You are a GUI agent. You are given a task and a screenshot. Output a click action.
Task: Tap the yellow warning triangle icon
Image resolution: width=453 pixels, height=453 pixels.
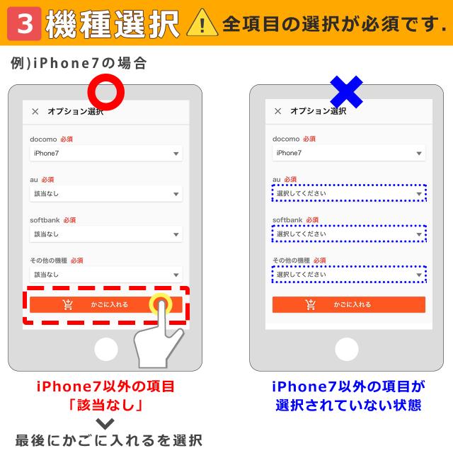(204, 24)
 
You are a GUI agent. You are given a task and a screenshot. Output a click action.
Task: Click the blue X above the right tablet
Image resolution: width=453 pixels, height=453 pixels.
(347, 93)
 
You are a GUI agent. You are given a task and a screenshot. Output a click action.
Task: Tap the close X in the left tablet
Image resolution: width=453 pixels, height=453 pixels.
(35, 111)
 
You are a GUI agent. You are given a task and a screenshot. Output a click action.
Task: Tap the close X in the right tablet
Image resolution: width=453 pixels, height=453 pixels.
(277, 111)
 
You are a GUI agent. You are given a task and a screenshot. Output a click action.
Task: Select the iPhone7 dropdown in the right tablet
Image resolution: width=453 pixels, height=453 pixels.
(349, 153)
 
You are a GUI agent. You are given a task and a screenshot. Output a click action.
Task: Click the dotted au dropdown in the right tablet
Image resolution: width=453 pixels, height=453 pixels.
(349, 193)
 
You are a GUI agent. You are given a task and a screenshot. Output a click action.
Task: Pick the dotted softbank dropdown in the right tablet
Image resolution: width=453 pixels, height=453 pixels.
(349, 234)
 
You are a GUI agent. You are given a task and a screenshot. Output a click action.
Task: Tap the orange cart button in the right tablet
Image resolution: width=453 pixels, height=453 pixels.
(349, 304)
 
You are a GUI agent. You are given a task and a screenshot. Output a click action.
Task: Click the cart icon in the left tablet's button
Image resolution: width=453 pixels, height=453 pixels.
(68, 304)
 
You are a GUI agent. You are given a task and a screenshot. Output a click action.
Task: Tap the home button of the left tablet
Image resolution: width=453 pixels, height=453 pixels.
(105, 349)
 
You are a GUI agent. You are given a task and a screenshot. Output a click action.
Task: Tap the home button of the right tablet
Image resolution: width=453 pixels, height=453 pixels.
(347, 349)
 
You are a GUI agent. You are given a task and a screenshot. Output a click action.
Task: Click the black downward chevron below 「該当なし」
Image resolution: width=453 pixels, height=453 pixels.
(105, 424)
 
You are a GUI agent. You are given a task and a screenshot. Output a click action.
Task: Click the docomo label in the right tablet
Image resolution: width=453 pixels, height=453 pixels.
(287, 139)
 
